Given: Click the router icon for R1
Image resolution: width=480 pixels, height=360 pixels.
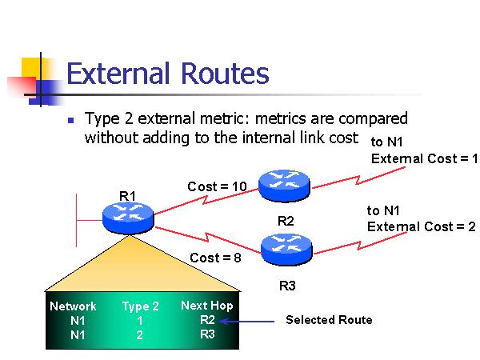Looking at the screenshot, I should [127, 214].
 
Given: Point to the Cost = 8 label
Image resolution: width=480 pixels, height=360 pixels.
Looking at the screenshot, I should [214, 258].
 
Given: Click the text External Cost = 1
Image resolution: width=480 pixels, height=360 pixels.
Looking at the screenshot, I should [424, 158].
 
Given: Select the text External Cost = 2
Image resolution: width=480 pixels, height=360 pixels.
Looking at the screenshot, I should [421, 226].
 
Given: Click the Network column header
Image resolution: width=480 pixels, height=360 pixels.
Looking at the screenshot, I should [73, 306].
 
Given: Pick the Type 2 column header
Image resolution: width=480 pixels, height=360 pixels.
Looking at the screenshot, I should [140, 306].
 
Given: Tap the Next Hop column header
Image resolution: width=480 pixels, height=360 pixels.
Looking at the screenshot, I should [206, 306].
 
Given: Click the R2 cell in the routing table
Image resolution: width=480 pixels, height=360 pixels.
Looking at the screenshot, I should [208, 320].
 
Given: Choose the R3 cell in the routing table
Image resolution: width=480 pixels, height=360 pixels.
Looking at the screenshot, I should [208, 334].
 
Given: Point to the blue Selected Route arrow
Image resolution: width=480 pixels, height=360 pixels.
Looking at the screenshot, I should [247, 321].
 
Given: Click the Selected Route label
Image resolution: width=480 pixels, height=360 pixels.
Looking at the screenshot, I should [329, 320].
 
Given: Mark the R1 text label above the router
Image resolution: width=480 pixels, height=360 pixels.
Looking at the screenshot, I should [128, 194].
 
